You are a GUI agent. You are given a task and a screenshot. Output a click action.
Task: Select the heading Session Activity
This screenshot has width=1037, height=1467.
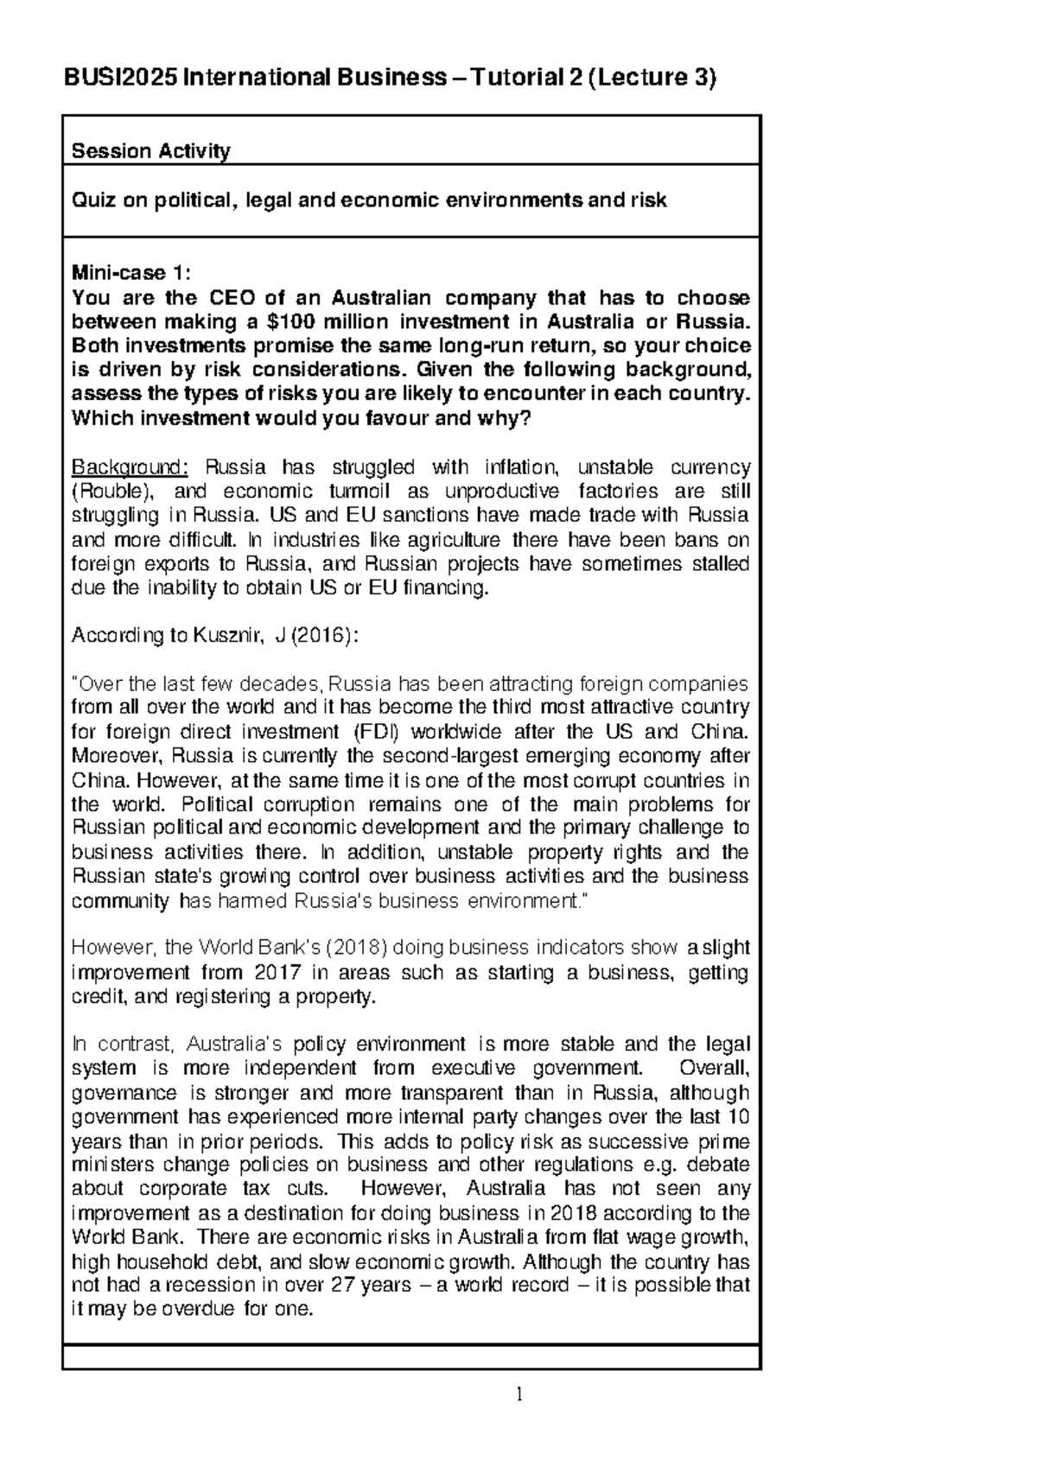click(150, 152)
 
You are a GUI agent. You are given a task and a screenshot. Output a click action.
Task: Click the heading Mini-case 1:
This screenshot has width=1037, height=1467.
click(128, 273)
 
